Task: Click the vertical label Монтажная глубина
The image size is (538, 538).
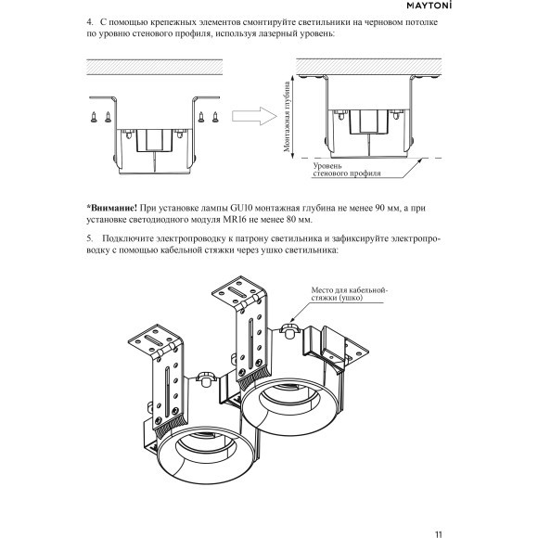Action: [x=288, y=116]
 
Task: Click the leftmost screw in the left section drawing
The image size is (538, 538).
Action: [x=95, y=117]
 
